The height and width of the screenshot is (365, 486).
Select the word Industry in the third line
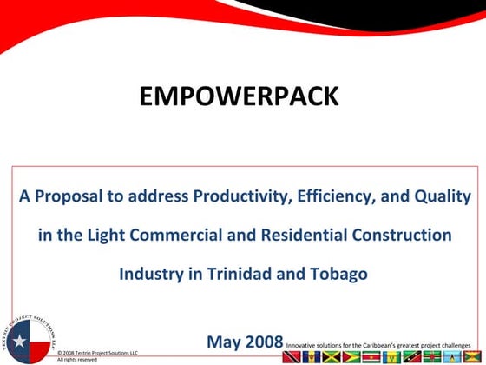click(x=149, y=273)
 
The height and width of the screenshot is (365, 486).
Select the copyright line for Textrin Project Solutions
click(x=97, y=353)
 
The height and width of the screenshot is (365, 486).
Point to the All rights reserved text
click(x=77, y=359)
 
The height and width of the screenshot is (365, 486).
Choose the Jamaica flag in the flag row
click(x=332, y=356)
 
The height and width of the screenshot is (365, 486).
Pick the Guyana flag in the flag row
click(x=351, y=356)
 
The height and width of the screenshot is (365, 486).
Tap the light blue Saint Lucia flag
click(x=451, y=356)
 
